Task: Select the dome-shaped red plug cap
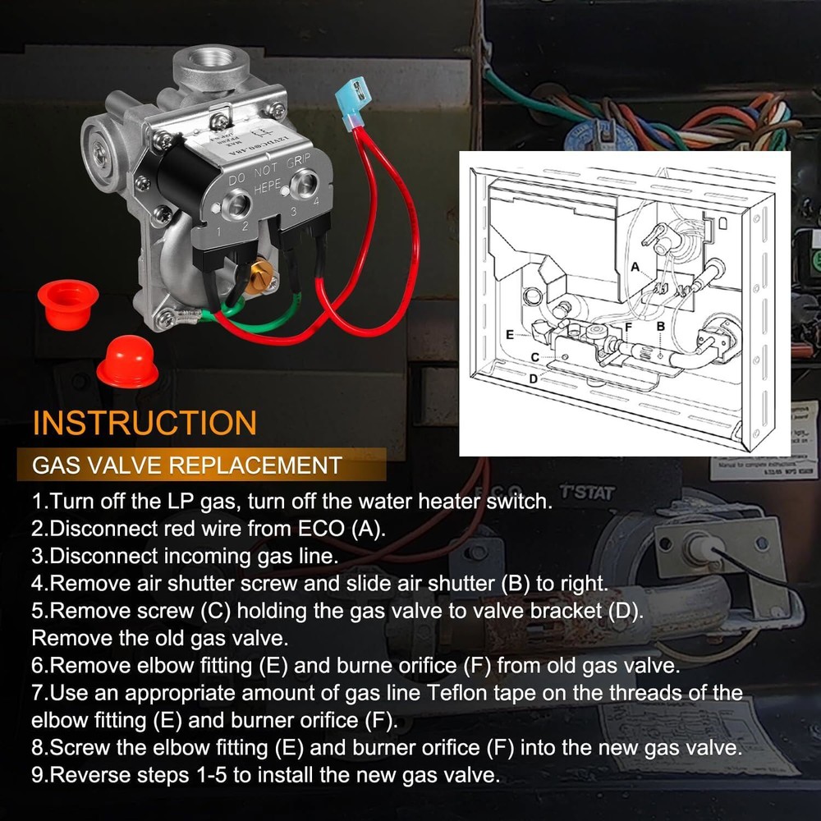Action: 126,364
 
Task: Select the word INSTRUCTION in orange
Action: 144,423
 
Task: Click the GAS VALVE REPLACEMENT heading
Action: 186,465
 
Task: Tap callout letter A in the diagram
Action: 635,267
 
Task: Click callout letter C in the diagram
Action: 534,357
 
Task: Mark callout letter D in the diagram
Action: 533,378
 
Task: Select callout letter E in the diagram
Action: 510,335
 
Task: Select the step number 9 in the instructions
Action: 38,775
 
